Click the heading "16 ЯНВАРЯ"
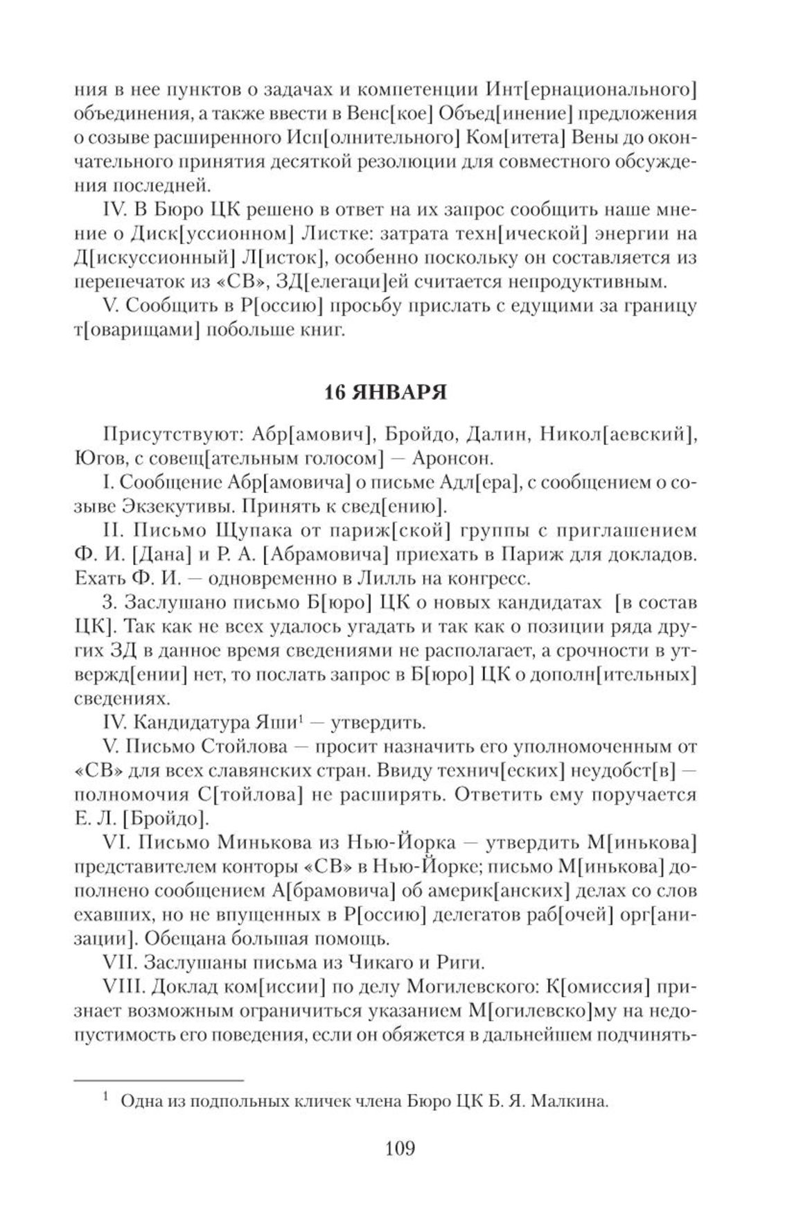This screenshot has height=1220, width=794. (x=386, y=393)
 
